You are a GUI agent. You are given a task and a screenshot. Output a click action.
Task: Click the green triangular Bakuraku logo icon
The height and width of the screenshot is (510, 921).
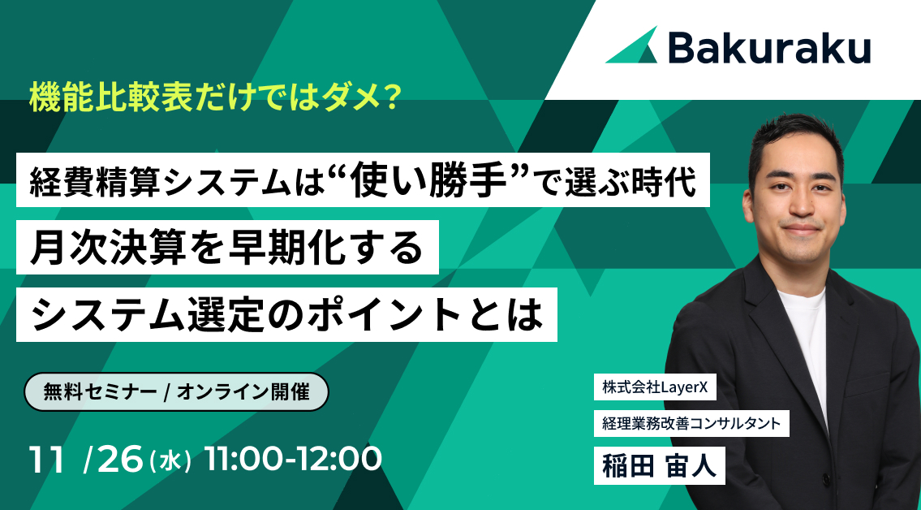pyautogui.click(x=634, y=46)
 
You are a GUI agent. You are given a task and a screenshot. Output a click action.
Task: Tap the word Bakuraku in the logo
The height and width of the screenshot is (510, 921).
pyautogui.click(x=770, y=48)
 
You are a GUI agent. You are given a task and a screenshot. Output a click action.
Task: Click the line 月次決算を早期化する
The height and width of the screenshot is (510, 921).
pyautogui.click(x=227, y=247)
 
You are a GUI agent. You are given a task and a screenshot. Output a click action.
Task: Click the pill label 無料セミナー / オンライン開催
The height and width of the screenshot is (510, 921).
pyautogui.click(x=176, y=391)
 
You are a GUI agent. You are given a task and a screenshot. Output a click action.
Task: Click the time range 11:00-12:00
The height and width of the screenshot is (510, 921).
pyautogui.click(x=293, y=460)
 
